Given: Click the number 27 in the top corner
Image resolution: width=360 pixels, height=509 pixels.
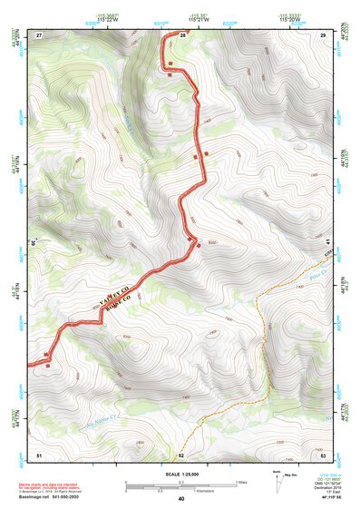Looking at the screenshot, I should [39, 34].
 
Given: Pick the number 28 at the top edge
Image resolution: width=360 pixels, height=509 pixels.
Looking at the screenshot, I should [181, 34].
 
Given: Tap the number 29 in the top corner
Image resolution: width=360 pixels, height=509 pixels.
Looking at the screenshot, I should [323, 34].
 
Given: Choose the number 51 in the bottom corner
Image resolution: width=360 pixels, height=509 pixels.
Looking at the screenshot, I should [39, 454].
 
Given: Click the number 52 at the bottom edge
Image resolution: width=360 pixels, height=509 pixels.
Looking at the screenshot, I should [181, 454].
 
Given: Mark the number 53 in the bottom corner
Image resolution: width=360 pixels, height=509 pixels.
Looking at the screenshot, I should [323, 454].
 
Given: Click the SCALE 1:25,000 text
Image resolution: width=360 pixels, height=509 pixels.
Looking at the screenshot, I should [180, 474].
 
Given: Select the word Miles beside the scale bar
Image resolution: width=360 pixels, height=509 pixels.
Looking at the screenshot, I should [241, 481].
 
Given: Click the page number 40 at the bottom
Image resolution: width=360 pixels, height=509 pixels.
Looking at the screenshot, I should [180, 499].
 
